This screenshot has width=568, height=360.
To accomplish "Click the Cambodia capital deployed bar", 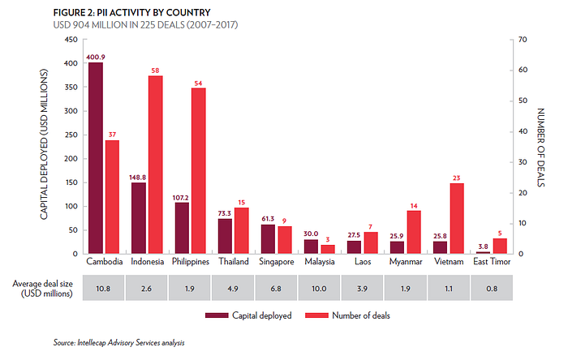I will coord(96,158).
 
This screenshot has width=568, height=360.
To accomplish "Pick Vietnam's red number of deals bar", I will coord(456,219).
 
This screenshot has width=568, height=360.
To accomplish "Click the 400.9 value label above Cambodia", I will coord(96,57).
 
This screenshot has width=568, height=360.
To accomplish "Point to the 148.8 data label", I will coord(139,177).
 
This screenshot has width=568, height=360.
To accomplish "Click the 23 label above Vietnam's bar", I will coord(456,178).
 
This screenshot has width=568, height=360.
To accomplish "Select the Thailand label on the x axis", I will coord(233,262).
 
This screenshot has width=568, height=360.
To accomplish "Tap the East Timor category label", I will coord(490,262).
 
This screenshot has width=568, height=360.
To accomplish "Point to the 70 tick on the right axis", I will coord(523,40).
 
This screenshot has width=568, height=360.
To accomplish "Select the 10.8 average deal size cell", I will coord(104,287).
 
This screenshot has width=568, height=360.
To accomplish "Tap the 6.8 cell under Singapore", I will coord(276,287).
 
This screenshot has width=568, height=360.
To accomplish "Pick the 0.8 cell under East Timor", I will coord(491,287).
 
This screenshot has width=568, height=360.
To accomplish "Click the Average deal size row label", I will coord(45,288).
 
